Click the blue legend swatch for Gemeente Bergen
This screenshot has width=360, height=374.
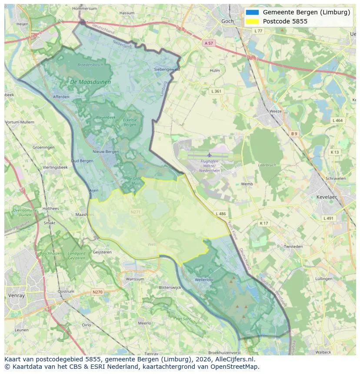coord(252,12)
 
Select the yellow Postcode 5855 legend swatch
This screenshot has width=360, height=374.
coord(252,21)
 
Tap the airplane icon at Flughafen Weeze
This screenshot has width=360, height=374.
coord(209,155)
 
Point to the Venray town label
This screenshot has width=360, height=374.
coord(16,295)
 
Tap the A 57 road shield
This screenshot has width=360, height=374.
coord(209,43)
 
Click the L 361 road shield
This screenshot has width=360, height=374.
coord(216,91)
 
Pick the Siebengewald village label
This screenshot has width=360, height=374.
coord(167,69)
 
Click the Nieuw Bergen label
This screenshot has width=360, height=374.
coord(106,152)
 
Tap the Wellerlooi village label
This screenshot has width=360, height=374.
coord(203,280)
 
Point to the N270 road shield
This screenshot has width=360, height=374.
coord(97,292)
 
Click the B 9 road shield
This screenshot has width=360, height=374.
coord(294,134)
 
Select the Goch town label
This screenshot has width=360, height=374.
coord(227,21)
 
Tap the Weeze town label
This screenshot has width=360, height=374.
coord(275,111)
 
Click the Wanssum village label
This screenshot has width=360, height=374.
coord(134,279)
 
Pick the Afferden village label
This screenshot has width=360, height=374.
coord(61,97)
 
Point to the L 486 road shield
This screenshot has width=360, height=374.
coord(221,214)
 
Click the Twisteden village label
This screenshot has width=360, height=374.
coord(293,246)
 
